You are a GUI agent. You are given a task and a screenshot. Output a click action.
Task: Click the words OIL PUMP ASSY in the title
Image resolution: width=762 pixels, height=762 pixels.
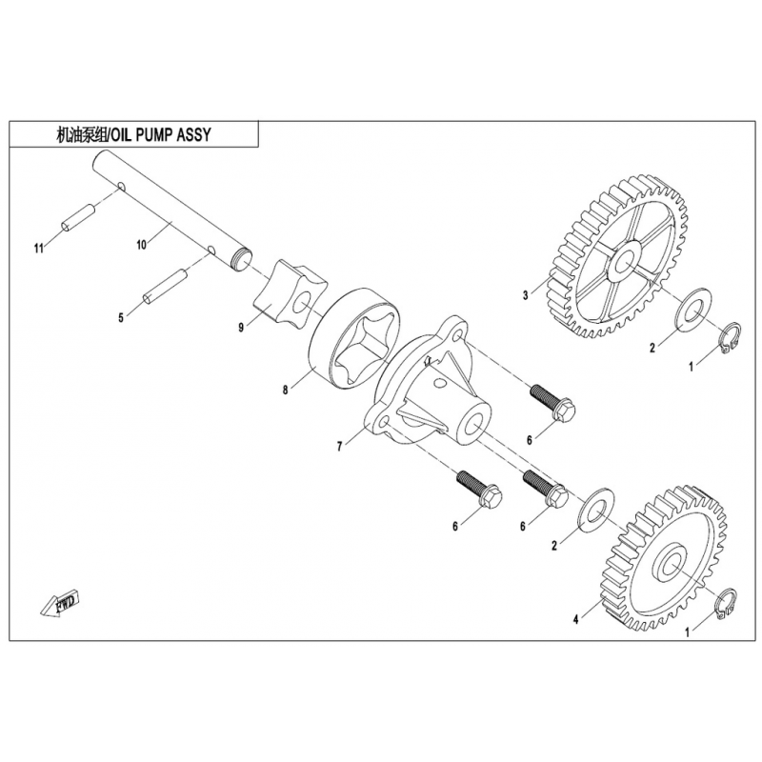pos(160,135)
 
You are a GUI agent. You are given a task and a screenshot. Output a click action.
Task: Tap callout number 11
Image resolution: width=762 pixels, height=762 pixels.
pos(38,250)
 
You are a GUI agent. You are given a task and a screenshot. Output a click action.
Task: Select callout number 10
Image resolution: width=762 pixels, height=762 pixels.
pos(141,245)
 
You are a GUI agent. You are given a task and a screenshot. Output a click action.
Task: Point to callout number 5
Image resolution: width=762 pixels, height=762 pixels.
pos(121,318)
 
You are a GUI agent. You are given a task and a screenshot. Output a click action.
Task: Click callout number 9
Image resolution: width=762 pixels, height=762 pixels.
pos(242,327)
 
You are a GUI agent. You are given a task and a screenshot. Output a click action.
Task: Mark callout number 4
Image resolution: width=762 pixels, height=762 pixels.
pos(575,619)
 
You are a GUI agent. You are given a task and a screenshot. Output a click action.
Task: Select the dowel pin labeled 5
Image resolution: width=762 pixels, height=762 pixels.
pos(163,287)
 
